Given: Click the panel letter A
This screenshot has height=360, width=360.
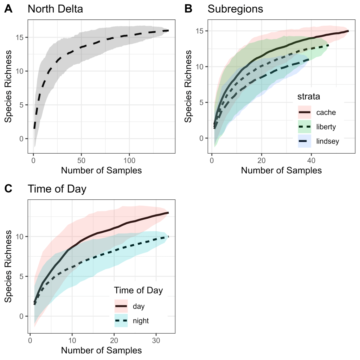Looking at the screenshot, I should pos(8,9).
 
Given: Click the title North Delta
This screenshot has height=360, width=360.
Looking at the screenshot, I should pos(55,9).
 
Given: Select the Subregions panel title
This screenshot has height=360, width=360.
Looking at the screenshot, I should pos(235,9).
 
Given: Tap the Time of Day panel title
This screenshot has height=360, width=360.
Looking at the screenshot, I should pos(57,189).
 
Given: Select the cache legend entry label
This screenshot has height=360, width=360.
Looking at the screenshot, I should pos(326,113).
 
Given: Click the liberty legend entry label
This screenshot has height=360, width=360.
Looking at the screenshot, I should pos(326,127).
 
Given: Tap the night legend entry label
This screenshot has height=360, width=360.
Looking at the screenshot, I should pos(141,321).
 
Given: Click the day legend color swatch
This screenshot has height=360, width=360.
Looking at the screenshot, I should pos(121,306).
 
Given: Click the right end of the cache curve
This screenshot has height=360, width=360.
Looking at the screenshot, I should pos(348,31).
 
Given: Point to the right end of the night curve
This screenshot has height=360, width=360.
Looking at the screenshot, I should pos(168,237).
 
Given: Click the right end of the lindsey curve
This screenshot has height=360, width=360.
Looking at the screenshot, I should pos(308,60).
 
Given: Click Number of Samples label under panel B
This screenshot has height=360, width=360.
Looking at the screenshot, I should pos(281,171).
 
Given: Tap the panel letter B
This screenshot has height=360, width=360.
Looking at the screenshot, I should pos(188,9).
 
